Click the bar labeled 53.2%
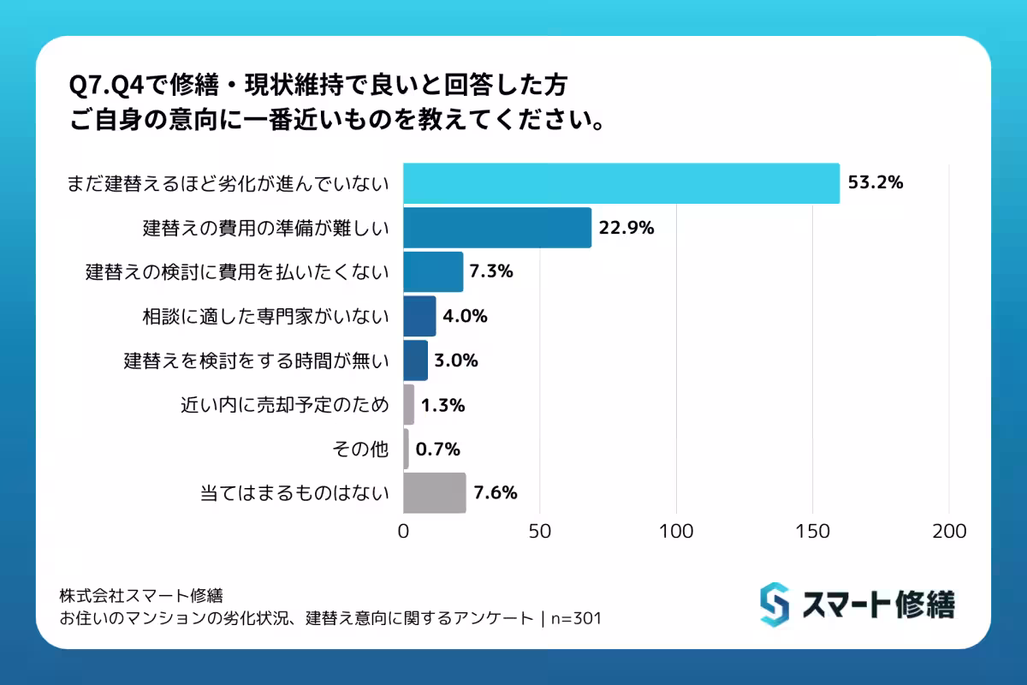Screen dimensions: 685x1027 click(x=621, y=183)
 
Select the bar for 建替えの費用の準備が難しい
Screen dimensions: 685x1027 click(x=497, y=228)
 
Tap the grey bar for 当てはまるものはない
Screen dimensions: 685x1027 click(x=435, y=493)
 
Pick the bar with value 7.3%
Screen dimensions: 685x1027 click(x=433, y=272)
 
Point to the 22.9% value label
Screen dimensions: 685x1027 click(x=626, y=228)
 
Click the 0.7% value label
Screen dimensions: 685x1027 click(x=438, y=449)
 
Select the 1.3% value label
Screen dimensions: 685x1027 click(x=442, y=405)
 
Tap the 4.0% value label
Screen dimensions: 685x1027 click(x=465, y=317)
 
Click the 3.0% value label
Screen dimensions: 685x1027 click(x=456, y=360)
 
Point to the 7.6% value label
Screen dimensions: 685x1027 click(x=495, y=493)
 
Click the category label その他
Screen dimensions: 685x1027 click(x=364, y=449)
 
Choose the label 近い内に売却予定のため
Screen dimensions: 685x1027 click(x=285, y=405)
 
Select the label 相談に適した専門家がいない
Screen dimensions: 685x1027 click(x=265, y=317)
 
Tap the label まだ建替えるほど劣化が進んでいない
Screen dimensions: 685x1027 click(x=229, y=183)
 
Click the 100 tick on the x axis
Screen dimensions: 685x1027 click(x=676, y=531)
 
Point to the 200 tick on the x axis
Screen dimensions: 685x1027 click(x=949, y=531)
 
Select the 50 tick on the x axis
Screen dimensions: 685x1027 click(x=540, y=531)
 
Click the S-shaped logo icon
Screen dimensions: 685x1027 click(x=774, y=604)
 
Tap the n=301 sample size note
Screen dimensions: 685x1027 click(x=576, y=618)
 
